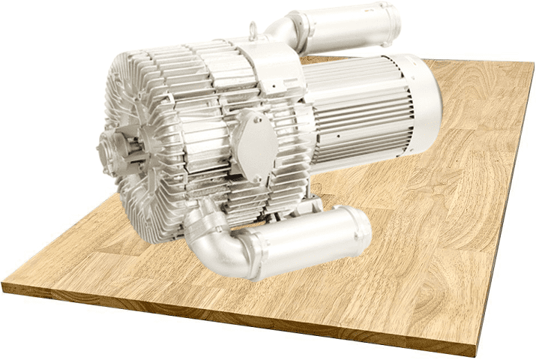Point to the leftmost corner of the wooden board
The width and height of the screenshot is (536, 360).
pos(4,285)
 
